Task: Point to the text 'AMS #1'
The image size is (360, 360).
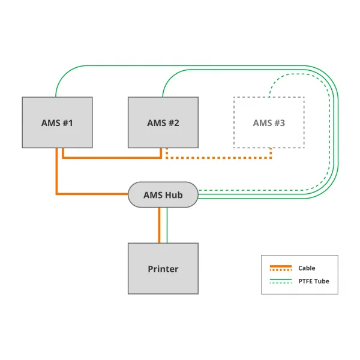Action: [57, 123]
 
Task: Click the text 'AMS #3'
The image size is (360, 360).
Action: [269, 123]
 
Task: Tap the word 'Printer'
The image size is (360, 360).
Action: [163, 269]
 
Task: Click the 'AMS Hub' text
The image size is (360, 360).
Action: [163, 195]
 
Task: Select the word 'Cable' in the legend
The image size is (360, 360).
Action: [307, 268]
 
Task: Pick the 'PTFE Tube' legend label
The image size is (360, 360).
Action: [314, 281]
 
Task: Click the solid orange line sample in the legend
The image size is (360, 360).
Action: [280, 266]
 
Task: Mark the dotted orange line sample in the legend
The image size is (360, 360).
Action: [280, 270]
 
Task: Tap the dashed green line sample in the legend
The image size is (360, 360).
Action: [280, 283]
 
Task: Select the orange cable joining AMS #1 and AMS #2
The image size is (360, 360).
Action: [111, 158]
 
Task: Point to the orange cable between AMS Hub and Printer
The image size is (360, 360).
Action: [159, 225]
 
